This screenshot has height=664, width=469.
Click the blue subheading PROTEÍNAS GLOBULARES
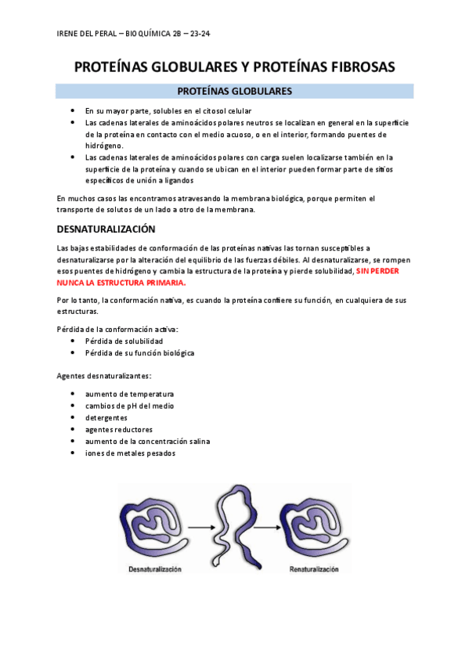pos(235,92)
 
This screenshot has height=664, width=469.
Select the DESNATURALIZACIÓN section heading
pos(106,229)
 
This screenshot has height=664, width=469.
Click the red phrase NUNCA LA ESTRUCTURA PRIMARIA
pos(122,281)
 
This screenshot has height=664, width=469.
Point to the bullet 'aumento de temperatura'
pos(129,394)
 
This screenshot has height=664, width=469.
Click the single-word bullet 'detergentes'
pos(106,417)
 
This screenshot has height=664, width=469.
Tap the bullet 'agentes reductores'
pos(119,429)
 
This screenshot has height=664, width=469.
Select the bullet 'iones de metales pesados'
pos(130,453)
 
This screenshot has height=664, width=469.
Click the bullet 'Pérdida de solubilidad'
pos(124,341)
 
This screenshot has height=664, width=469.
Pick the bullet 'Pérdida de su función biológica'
pos(139,353)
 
